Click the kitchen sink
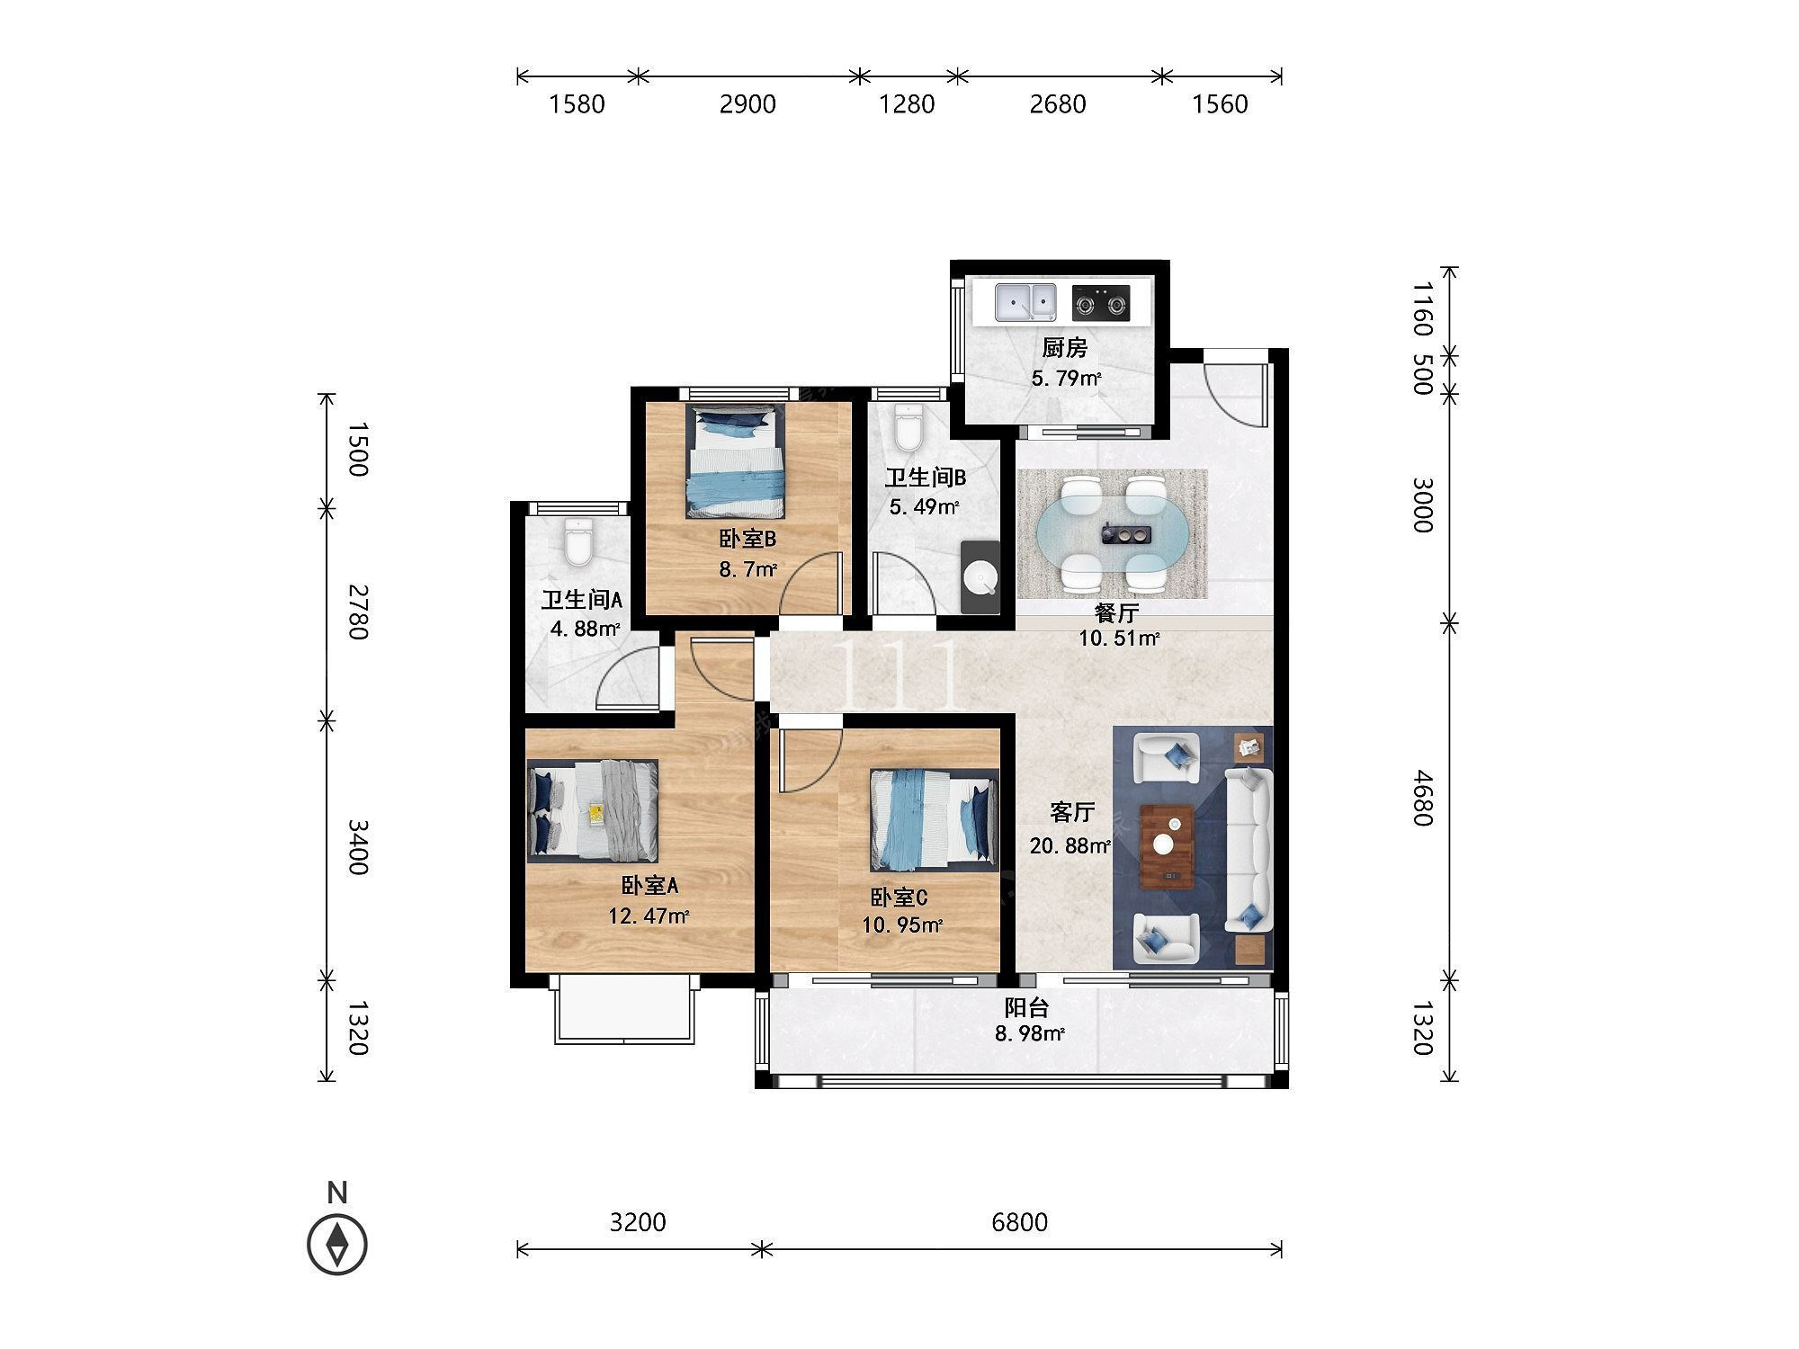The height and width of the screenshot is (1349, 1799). tap(1025, 301)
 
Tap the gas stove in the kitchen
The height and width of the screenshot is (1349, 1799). tap(1101, 302)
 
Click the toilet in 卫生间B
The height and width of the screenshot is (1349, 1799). tap(908, 428)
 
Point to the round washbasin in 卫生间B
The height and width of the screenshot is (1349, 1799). tap(980, 577)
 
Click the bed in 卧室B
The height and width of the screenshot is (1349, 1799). tap(735, 460)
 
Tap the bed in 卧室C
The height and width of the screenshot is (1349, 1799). tap(934, 818)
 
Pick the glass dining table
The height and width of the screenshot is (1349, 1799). tap(1112, 535)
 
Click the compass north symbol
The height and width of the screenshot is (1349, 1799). tap(337, 1244)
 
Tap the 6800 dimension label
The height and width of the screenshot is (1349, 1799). tap(1020, 1222)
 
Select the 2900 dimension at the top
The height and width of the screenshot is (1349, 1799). tap(747, 104)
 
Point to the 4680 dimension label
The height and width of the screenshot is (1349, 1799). tap(1422, 797)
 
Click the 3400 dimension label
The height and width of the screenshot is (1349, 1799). tap(357, 847)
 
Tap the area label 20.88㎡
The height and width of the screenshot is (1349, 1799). tap(1070, 845)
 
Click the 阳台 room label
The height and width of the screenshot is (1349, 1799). tap(1026, 1008)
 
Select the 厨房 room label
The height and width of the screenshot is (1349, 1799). tap(1065, 348)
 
